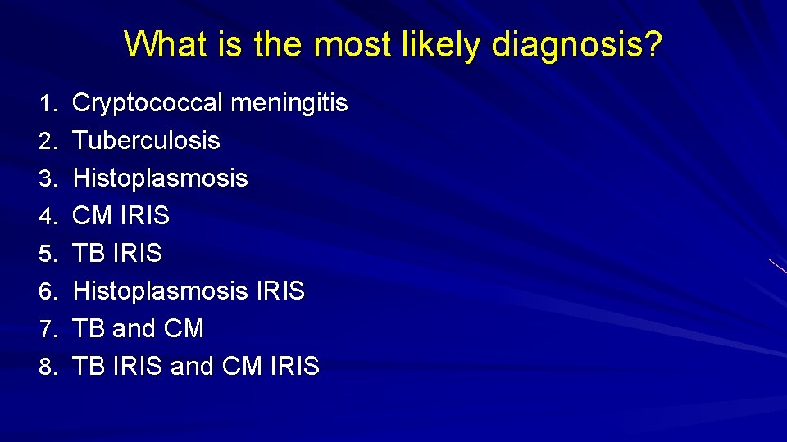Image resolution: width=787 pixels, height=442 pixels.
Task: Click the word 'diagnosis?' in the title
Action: click(x=576, y=45)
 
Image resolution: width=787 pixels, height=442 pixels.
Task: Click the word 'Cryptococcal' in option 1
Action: click(x=148, y=104)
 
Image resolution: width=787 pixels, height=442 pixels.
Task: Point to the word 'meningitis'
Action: click(x=289, y=104)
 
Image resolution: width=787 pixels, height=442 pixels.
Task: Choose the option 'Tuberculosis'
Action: click(x=147, y=141)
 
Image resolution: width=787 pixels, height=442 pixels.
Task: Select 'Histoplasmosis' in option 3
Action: click(x=161, y=178)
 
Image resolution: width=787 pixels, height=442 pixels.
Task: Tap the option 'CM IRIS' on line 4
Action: click(x=121, y=216)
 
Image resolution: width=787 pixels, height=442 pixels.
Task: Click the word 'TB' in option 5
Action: click(x=89, y=254)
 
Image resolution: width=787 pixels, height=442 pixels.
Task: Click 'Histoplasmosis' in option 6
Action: click(x=161, y=291)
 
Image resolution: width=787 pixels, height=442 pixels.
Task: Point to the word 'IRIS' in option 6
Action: click(x=280, y=291)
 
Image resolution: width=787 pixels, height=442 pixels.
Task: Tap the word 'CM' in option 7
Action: click(x=184, y=329)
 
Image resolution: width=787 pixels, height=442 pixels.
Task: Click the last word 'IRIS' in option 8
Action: click(x=294, y=367)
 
